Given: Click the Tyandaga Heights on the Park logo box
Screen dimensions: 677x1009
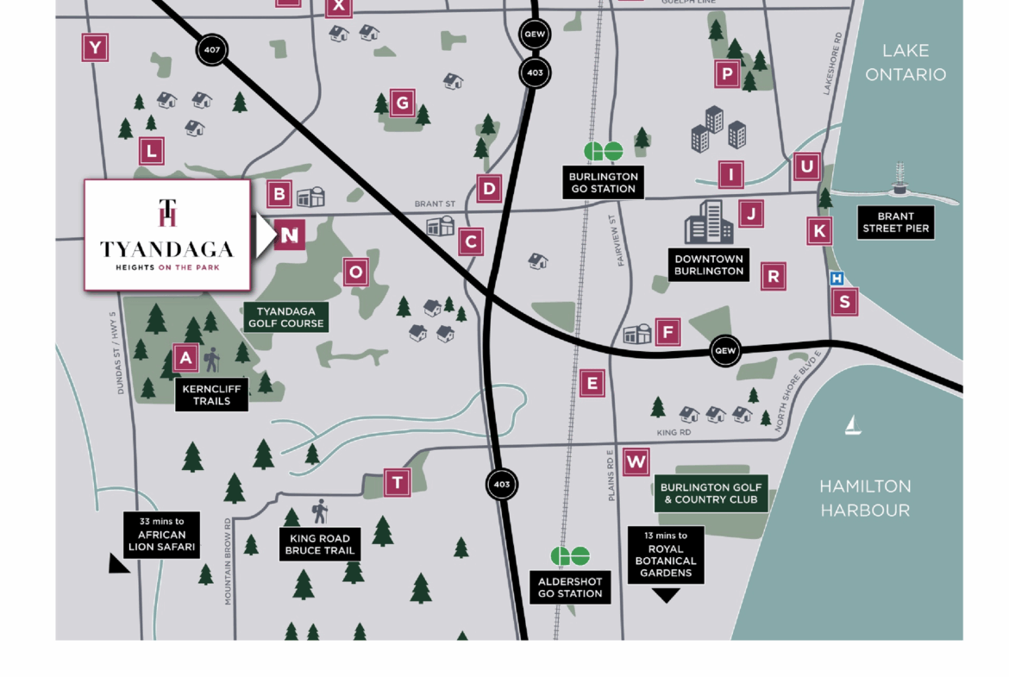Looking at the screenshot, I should pos(167,235).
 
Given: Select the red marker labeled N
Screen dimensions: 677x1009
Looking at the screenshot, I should pos(291,235).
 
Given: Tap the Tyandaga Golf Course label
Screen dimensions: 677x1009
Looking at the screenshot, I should pos(286,317).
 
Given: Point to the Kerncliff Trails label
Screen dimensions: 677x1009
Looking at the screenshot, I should pos(211,394).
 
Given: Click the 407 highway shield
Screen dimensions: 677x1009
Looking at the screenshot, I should pos(211,50).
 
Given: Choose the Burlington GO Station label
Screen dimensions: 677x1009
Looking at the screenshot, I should pos(603,182).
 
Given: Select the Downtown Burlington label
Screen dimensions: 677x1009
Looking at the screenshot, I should pos(709,265).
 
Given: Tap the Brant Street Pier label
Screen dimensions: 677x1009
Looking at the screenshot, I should pos(895,223).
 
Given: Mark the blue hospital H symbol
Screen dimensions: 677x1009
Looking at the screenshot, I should pos(836,279).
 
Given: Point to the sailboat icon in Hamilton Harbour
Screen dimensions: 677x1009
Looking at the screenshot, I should pos(853,424).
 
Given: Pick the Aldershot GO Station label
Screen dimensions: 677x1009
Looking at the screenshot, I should pos(570,587).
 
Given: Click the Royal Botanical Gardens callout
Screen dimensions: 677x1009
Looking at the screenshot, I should pos(666,555).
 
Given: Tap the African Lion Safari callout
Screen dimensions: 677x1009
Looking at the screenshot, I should pos(161,535).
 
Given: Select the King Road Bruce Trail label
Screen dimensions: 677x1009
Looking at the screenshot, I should pos(319,544).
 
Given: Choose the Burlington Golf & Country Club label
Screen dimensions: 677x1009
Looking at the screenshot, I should pos(711,493).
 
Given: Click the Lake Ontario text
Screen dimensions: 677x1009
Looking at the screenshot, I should pos(905,62).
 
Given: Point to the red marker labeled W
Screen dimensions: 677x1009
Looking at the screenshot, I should pos(636,462).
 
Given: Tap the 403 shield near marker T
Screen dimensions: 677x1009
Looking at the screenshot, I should pos(502,485).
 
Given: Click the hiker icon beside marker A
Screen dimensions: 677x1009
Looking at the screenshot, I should pos(211,359).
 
